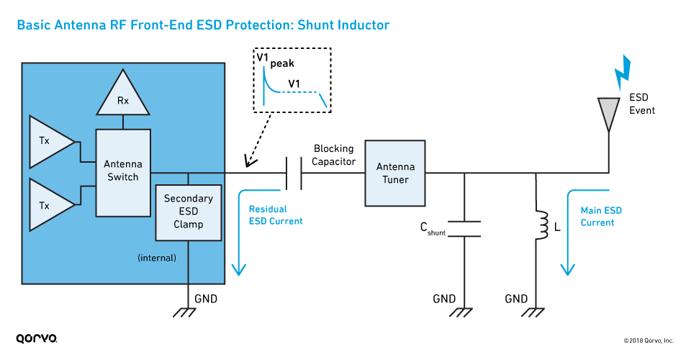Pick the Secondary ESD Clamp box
tap(188, 212)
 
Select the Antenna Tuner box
tap(395, 173)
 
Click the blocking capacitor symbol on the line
tap(294, 174)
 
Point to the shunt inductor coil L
tap(537, 225)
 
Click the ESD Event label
tap(641, 104)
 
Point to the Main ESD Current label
tap(601, 217)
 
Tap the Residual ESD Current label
tap(276, 215)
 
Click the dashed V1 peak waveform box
tap(292, 80)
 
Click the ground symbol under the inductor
tap(537, 312)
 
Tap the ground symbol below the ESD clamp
tap(188, 312)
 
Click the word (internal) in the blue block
tap(157, 257)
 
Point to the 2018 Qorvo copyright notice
tap(648, 341)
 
